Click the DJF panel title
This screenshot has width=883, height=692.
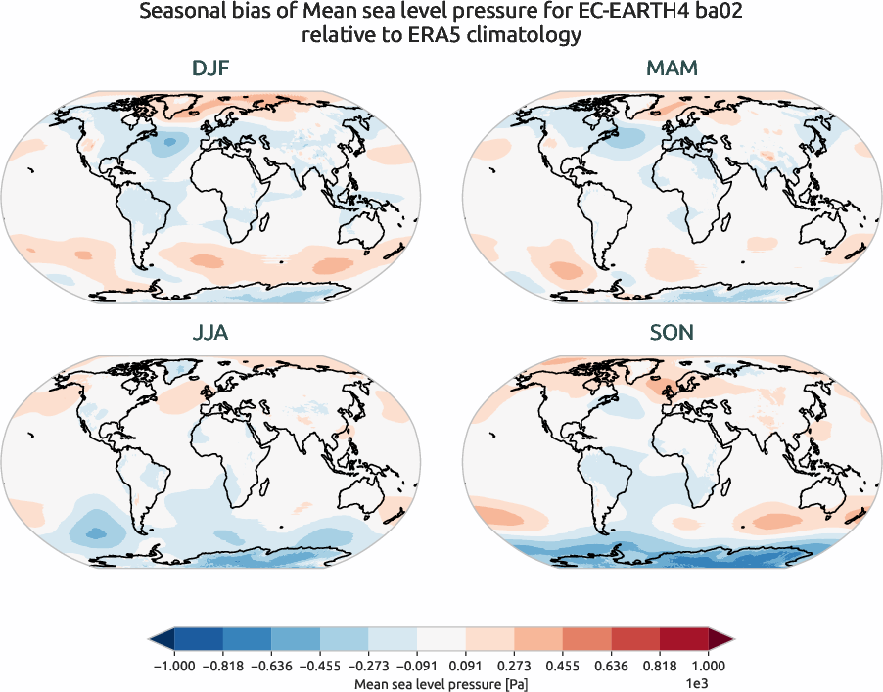tap(211, 69)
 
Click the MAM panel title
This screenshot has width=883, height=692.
tap(672, 69)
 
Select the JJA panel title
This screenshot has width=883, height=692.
tap(211, 333)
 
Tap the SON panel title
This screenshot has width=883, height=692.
tap(672, 333)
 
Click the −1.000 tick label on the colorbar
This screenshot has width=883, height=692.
tap(172, 665)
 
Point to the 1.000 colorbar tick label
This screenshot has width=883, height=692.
tap(709, 665)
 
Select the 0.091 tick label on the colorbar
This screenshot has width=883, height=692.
tap(465, 665)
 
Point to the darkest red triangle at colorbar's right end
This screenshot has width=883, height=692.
tap(720, 640)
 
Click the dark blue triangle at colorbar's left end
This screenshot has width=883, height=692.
tap(161, 640)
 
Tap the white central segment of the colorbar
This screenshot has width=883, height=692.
tap(441, 640)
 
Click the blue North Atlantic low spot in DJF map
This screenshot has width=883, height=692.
tap(170, 143)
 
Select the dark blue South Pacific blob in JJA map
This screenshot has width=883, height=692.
tap(96, 532)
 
